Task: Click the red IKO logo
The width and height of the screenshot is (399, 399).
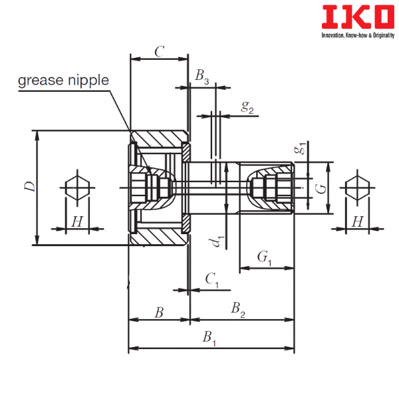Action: coord(358,17)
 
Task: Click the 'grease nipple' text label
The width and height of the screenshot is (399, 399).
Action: coord(63,80)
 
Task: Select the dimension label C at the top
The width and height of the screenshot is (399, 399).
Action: coord(160,52)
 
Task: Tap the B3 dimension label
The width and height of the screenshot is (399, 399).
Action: coord(202,76)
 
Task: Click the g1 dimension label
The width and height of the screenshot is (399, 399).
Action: coord(300,148)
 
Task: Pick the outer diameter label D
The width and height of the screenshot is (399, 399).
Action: coord(30,186)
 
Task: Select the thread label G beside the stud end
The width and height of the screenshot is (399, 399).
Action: coord(321,189)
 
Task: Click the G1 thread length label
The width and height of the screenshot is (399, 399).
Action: coord(265,258)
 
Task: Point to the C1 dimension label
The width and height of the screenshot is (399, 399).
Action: coord(212,280)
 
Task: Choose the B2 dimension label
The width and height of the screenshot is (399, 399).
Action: coord(238,309)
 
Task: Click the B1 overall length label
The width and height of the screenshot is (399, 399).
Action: coord(209,338)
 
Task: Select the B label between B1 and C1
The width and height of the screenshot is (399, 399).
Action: coord(160,313)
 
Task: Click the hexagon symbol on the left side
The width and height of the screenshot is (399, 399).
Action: coord(77,188)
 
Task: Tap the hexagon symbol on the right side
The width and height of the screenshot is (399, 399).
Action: coord(358,188)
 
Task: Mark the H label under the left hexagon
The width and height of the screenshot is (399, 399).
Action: coord(77,221)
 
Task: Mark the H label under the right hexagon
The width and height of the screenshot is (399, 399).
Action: coord(358,221)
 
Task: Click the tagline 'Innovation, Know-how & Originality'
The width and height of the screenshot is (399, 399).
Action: coord(358,35)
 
